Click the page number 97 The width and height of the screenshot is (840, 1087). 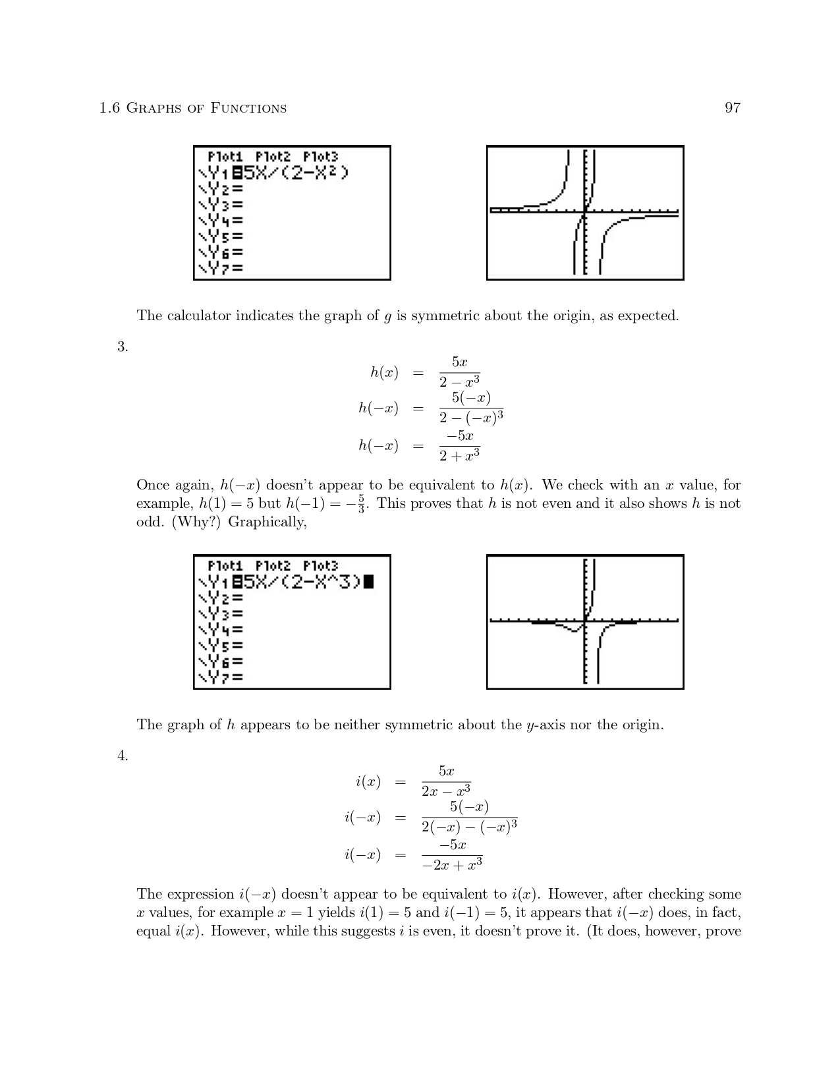pyautogui.click(x=732, y=108)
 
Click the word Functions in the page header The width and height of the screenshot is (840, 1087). pyautogui.click(x=248, y=109)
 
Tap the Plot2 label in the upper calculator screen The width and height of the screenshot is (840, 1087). pyautogui.click(x=273, y=157)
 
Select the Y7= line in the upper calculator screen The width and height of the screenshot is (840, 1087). pyautogui.click(x=221, y=268)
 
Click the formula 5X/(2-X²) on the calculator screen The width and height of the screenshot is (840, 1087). pyautogui.click(x=296, y=173)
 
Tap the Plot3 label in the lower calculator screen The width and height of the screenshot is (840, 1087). pyautogui.click(x=320, y=566)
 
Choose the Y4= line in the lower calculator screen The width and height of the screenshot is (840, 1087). pyautogui.click(x=221, y=630)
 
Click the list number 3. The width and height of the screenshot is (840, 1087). pyautogui.click(x=123, y=347)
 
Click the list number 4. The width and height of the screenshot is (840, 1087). pyautogui.click(x=123, y=756)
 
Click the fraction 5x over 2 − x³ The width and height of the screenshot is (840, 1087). pyautogui.click(x=459, y=372)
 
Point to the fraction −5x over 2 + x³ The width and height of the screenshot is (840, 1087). pyautogui.click(x=459, y=446)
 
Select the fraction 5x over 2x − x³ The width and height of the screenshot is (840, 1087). pyautogui.click(x=446, y=781)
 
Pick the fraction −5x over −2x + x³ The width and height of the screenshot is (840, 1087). pyautogui.click(x=452, y=855)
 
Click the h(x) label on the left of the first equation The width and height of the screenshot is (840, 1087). pyautogui.click(x=384, y=373)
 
